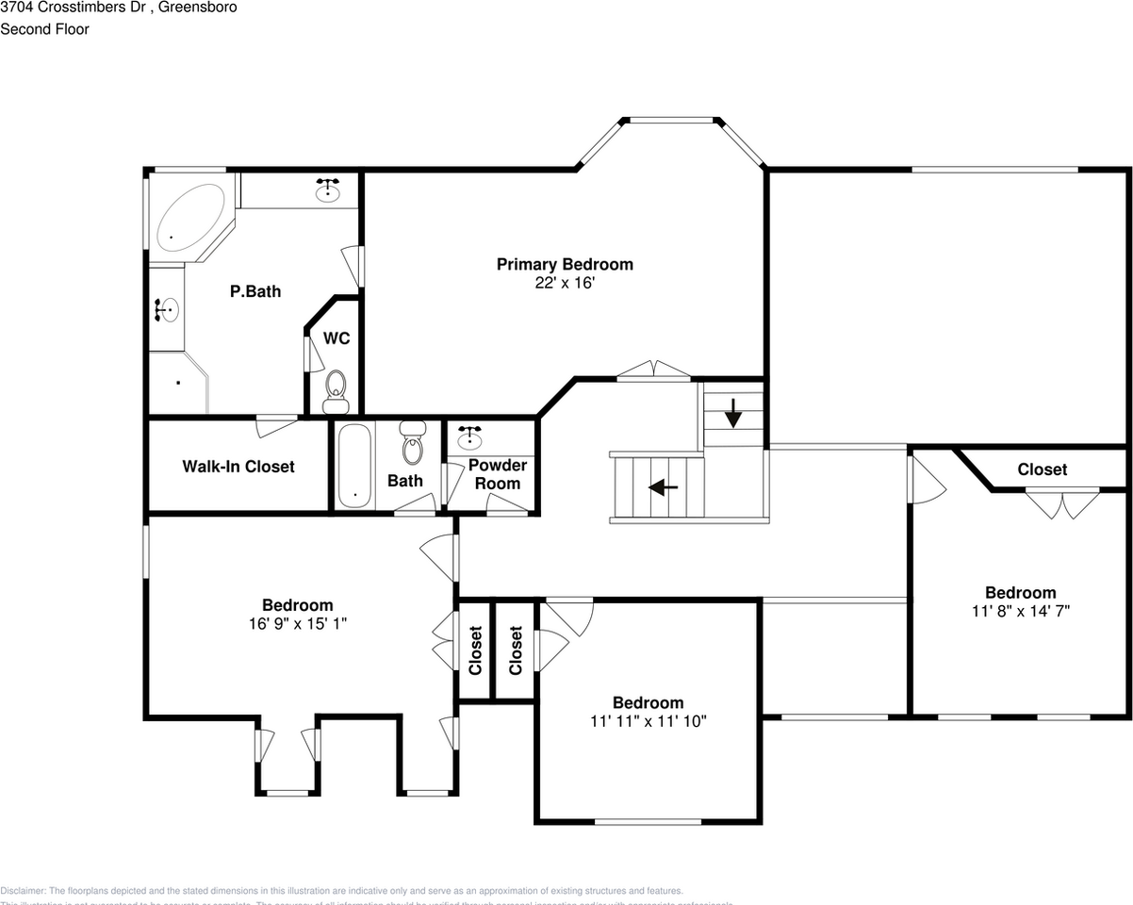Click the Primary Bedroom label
click(565, 265)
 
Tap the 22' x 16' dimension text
click(565, 283)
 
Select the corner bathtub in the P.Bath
click(189, 217)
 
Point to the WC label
click(337, 338)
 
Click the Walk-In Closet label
click(238, 467)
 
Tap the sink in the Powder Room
click(469, 438)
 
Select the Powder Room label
click(497, 474)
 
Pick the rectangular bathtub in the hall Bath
click(355, 467)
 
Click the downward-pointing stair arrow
click(733, 412)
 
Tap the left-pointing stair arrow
click(664, 487)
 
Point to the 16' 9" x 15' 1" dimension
click(297, 623)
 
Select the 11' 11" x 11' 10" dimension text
click(648, 721)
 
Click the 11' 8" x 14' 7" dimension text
click(1020, 611)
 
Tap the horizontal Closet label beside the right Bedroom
click(1042, 469)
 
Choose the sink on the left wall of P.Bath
click(167, 309)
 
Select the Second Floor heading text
click(44, 29)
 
